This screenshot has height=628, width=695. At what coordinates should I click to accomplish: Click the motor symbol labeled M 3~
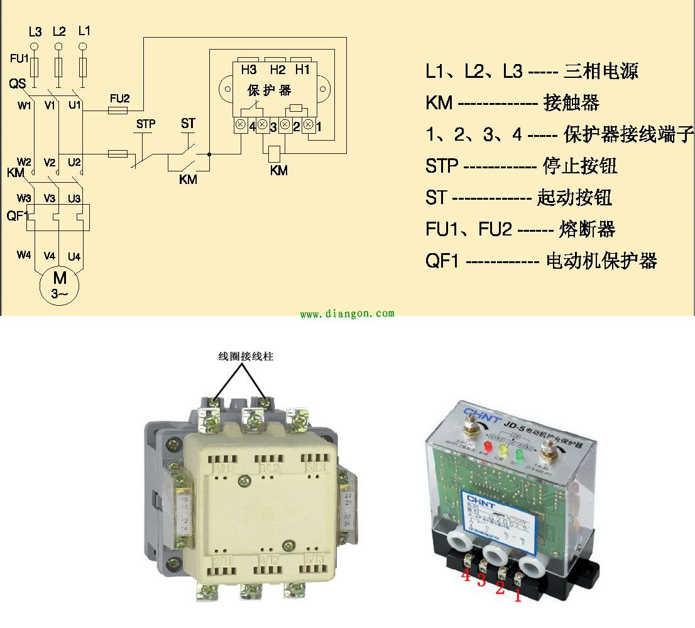pos(59,284)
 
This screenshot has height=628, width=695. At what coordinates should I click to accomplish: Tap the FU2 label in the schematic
pos(119,99)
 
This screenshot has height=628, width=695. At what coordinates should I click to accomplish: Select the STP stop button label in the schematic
pos(146,124)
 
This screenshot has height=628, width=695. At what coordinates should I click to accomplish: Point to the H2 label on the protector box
pos(277,69)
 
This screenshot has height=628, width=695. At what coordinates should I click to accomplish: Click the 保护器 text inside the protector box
pos(269,90)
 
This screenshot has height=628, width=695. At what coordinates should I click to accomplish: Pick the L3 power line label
pos(35,31)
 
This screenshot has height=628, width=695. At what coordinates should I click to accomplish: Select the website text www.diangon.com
pos(347,313)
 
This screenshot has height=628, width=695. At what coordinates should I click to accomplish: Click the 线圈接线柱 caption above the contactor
pos(246,356)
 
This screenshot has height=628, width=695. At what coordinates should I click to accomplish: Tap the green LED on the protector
pos(519,453)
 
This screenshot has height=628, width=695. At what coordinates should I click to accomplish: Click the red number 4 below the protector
pos(466,575)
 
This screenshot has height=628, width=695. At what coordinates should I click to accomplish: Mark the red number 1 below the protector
pos(518,595)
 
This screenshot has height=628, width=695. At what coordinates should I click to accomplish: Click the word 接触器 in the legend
pos(571,102)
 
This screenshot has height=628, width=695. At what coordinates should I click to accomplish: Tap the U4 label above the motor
pos(74,256)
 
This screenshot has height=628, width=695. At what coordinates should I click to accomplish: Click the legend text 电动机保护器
pos(601,261)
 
